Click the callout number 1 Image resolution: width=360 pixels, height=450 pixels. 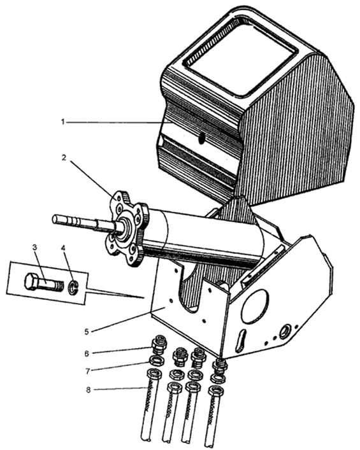click(x=62, y=122)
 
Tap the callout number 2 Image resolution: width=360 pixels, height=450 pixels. click(x=64, y=158)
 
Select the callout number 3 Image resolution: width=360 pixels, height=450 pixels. click(x=35, y=248)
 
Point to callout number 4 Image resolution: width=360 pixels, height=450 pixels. click(x=63, y=248)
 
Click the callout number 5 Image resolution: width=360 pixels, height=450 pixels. click(x=87, y=332)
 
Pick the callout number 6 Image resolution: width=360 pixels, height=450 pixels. click(x=87, y=353)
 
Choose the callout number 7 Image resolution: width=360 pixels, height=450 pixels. click(x=87, y=371)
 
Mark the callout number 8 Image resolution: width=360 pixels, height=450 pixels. click(x=89, y=390)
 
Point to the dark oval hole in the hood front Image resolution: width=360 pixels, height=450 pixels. click(x=201, y=139)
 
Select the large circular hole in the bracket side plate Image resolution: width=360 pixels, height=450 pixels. click(x=256, y=306)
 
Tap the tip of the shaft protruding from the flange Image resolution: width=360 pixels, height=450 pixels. click(x=54, y=219)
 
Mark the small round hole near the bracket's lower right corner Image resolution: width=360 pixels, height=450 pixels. click(x=287, y=330)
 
